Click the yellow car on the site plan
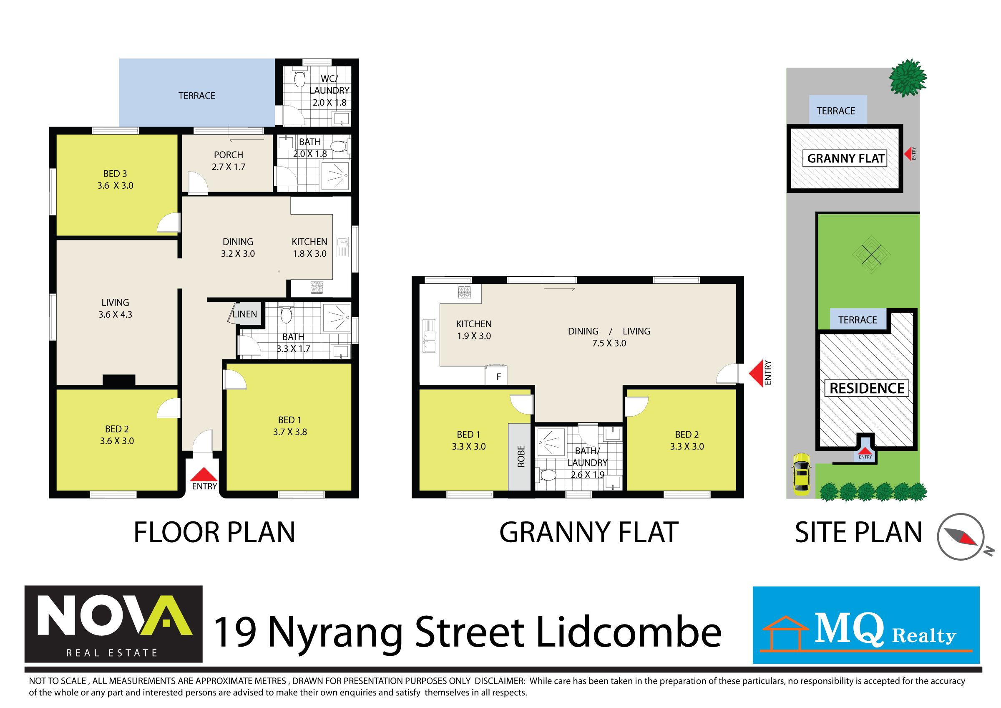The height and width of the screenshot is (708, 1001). (801, 474)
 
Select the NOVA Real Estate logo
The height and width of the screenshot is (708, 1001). (113, 624)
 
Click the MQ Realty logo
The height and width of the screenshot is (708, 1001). (866, 625)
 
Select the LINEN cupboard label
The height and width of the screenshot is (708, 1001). (244, 314)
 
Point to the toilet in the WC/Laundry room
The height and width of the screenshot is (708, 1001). (299, 78)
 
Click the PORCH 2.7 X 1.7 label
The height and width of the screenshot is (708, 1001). (229, 161)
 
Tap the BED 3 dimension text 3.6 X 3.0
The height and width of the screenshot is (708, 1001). (115, 185)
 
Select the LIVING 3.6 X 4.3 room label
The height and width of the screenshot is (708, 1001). (115, 308)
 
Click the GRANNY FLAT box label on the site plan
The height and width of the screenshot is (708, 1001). (845, 158)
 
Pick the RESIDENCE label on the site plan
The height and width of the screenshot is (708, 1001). (867, 388)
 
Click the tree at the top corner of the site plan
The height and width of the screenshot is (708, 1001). (908, 78)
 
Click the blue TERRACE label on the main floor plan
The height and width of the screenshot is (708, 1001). (196, 96)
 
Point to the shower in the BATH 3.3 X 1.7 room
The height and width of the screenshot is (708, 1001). (337, 318)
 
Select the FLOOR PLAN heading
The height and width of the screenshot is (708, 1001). (214, 532)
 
